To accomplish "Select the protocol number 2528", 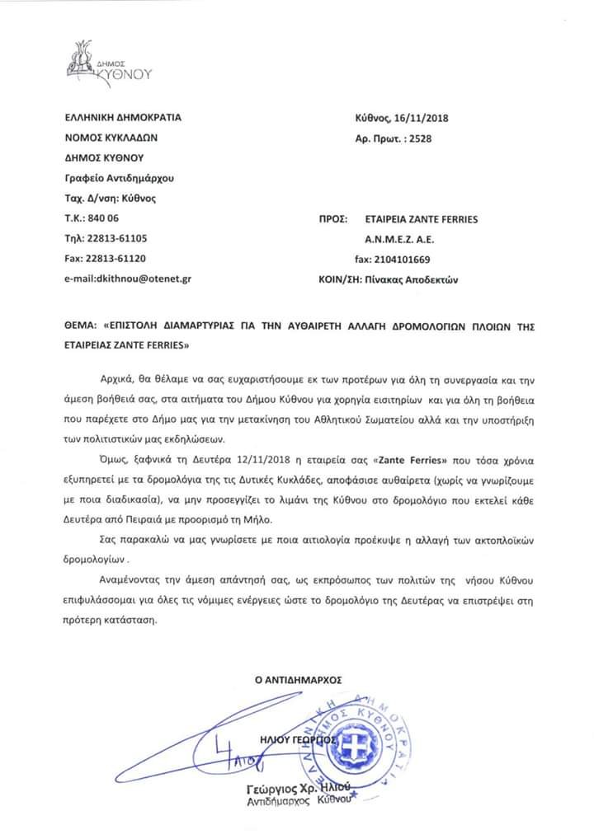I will point(418,138).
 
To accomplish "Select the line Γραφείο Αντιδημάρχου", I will point(119,178).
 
